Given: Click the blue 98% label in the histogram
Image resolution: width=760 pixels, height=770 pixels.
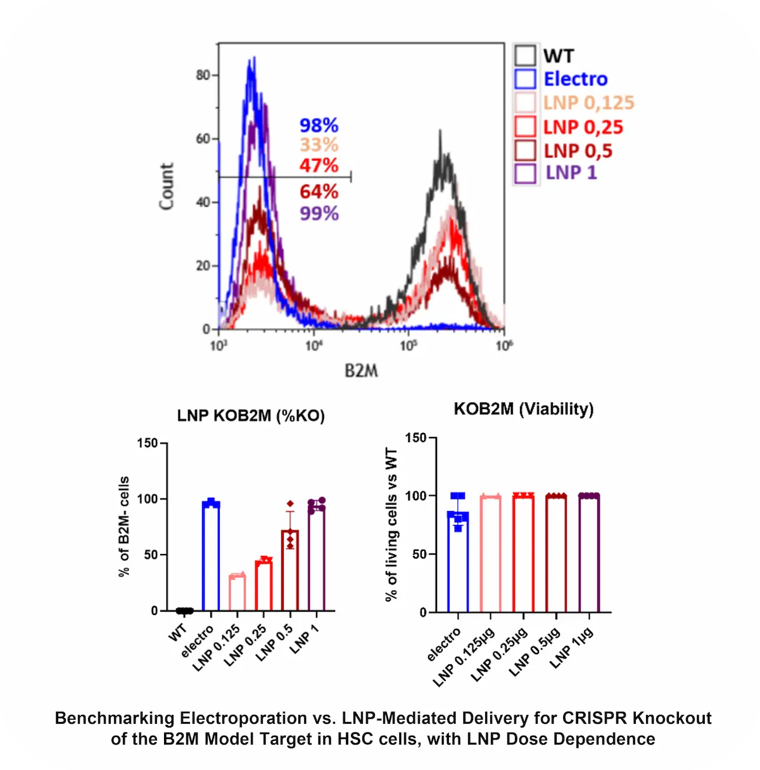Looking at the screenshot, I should tap(319, 125).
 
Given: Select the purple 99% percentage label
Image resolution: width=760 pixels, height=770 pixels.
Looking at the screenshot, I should tap(319, 213).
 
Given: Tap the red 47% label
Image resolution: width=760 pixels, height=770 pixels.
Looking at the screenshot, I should tap(319, 165).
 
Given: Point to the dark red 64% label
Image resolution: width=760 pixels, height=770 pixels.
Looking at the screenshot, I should tap(319, 191).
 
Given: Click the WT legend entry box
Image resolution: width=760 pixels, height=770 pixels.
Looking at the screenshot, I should tap(525, 56).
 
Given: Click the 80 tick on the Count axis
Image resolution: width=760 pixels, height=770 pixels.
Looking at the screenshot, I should tap(203, 75).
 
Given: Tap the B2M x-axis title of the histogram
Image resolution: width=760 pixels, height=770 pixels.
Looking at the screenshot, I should tap(361, 370).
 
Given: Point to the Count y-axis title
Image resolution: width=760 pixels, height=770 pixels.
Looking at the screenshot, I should tap(167, 186).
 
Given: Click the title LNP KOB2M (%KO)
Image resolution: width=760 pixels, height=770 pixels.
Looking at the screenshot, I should tap(251, 416).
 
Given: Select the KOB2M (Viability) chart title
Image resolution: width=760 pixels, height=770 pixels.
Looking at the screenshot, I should tap(524, 409).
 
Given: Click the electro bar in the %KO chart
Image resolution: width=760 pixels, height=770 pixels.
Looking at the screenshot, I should tap(211, 557).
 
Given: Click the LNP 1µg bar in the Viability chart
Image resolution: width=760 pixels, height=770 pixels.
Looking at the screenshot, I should tap(588, 554).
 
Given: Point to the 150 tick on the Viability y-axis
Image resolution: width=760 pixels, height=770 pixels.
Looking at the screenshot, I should tap(415, 438).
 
